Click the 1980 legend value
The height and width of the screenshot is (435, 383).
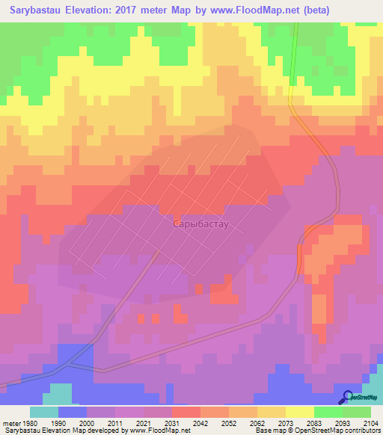(x=24, y=422)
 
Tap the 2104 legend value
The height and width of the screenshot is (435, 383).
(x=370, y=422)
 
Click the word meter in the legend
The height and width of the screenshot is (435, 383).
(x=8, y=422)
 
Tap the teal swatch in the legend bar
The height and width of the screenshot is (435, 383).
(x=44, y=412)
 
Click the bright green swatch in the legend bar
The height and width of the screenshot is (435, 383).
(x=328, y=412)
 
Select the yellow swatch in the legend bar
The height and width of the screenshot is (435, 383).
(x=299, y=412)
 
